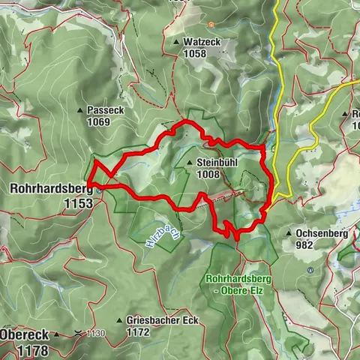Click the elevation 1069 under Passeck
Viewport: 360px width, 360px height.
coord(98,121)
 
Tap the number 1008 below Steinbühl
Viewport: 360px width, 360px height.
coord(209,175)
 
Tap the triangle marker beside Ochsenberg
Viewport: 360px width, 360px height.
coord(289,233)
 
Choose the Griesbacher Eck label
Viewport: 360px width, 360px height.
coord(163,320)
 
